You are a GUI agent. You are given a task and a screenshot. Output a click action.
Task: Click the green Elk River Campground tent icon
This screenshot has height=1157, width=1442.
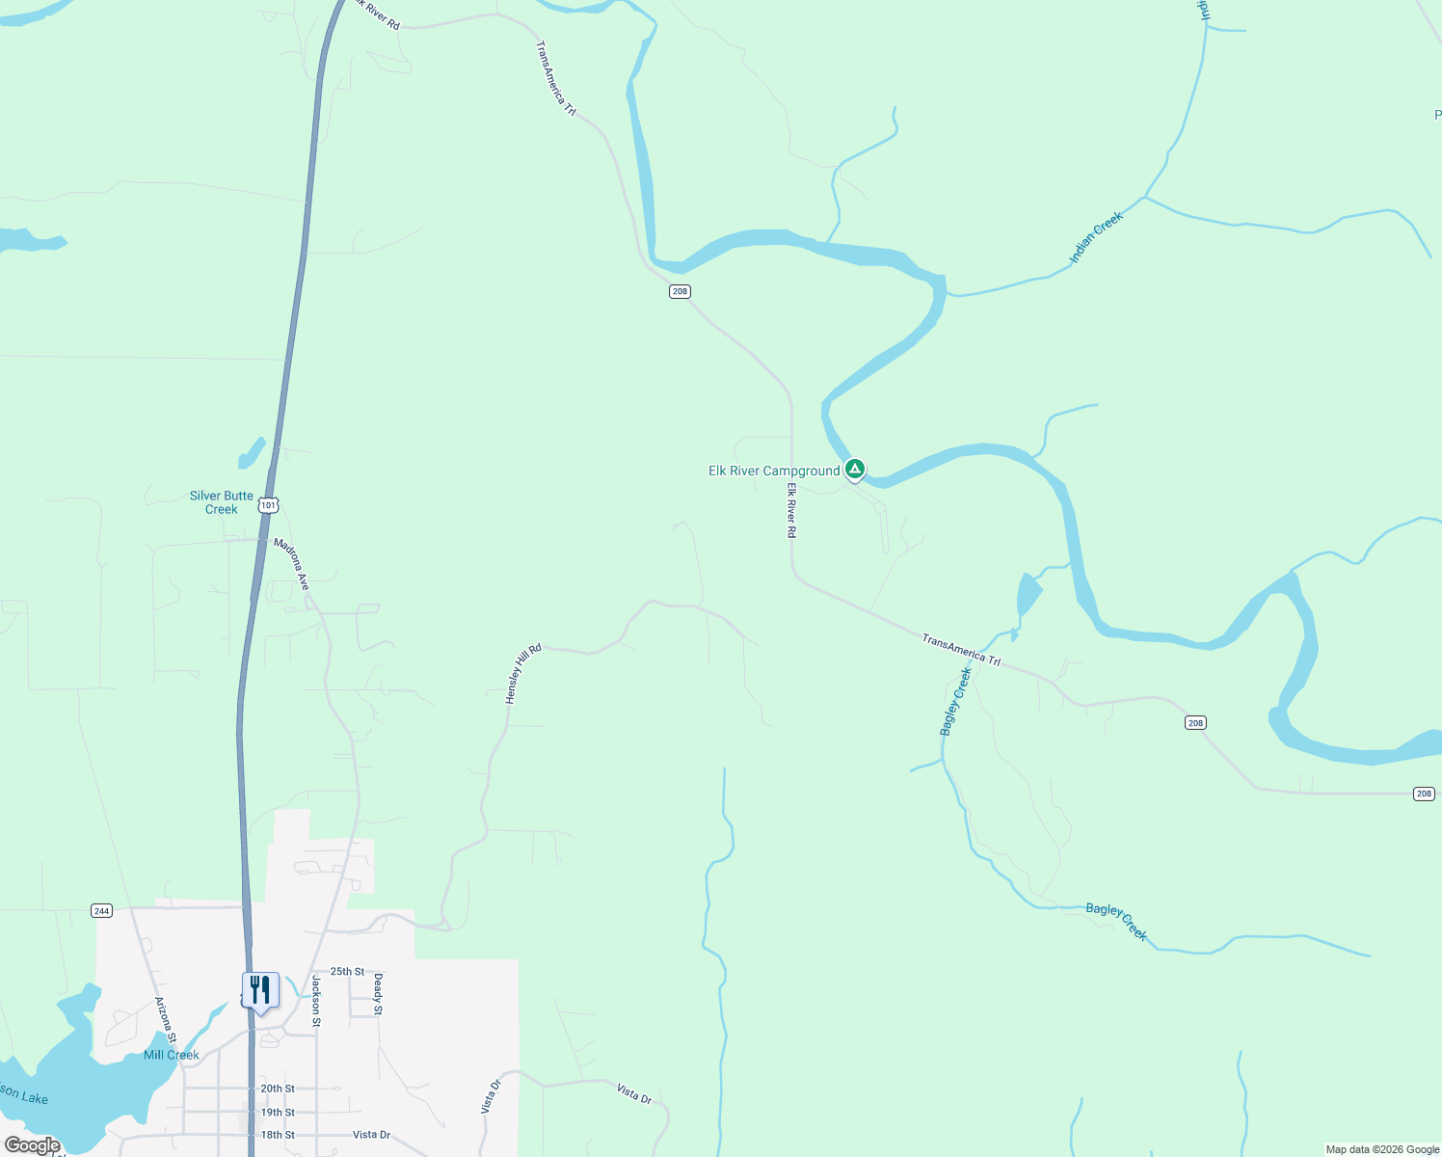(x=854, y=470)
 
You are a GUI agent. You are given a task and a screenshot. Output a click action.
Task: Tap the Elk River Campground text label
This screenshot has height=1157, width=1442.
(x=774, y=471)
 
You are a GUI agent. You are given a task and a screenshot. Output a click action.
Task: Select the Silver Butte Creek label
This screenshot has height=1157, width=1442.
(x=222, y=502)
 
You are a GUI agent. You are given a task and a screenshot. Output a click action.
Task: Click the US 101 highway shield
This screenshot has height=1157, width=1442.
(x=268, y=505)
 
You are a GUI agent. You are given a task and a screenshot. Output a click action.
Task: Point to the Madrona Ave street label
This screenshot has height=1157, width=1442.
(x=291, y=564)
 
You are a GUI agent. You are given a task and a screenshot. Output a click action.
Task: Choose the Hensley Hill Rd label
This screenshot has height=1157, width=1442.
(x=523, y=674)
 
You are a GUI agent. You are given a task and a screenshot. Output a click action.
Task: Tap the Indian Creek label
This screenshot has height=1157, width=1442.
(x=1096, y=237)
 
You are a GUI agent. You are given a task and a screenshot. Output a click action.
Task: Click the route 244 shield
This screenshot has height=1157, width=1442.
(x=101, y=910)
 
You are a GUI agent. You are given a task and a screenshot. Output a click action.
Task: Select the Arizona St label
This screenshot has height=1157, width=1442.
(x=166, y=1021)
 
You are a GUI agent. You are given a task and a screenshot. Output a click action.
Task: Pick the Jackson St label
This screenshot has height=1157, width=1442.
(x=316, y=1000)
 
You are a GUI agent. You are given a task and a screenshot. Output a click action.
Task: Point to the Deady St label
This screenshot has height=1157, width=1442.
(x=378, y=994)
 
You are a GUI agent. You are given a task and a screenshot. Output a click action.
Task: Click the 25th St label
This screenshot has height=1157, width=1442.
(x=347, y=972)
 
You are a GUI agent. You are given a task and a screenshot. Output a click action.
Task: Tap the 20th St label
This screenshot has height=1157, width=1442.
(x=278, y=1089)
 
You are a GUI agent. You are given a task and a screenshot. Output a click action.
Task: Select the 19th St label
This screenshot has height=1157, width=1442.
(x=278, y=1113)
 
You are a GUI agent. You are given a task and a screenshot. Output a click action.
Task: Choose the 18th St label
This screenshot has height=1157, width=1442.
(x=278, y=1135)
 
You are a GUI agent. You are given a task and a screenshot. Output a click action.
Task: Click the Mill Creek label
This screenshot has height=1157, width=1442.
(x=172, y=1055)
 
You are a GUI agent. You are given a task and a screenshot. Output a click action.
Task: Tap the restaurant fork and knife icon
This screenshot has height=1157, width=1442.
(x=260, y=990)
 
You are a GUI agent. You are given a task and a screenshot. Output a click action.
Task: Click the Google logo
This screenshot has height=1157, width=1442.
(x=33, y=1145)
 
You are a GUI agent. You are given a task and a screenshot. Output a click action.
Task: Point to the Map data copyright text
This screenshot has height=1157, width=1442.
(x=1382, y=1149)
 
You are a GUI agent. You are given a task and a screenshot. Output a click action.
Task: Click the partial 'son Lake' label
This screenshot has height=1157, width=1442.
(x=24, y=1095)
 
